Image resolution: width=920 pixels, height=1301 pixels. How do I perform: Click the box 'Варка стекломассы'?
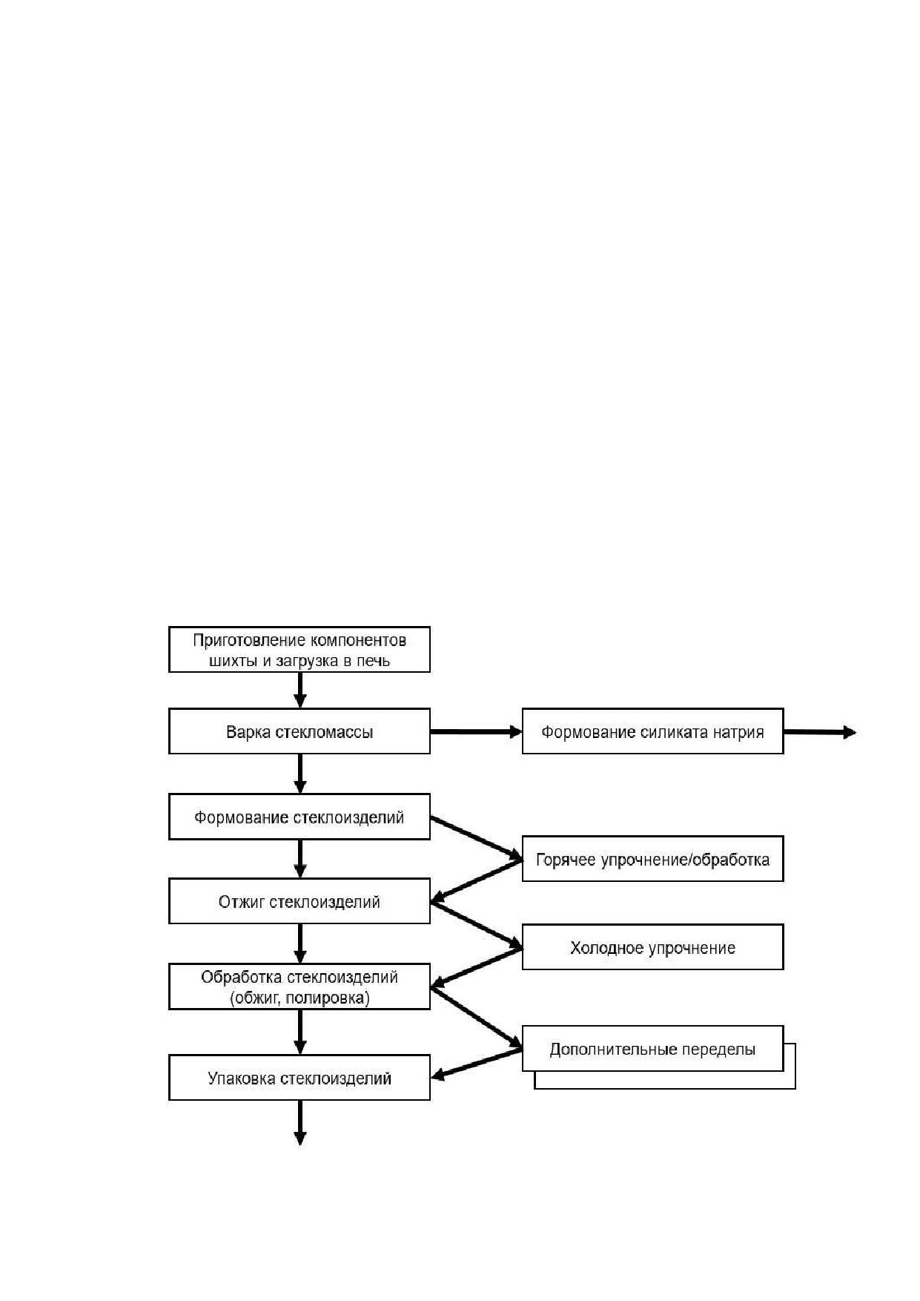[300, 731]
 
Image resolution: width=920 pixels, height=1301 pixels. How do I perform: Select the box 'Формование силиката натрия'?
[652, 731]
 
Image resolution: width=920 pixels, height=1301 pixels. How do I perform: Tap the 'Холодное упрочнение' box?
[652, 946]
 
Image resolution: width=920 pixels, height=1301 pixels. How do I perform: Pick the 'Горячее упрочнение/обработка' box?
[652, 859]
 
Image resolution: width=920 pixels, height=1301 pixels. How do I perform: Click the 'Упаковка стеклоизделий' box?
[300, 1077]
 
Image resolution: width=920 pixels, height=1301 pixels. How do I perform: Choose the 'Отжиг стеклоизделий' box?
[300, 901]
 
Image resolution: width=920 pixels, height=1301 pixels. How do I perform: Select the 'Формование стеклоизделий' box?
[300, 817]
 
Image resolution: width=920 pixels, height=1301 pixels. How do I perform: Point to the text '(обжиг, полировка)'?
[300, 998]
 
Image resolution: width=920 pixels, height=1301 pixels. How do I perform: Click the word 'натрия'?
[738, 733]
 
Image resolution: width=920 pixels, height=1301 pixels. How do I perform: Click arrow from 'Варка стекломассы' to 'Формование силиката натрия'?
[477, 731]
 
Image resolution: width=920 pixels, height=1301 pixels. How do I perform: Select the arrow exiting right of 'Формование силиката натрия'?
[820, 732]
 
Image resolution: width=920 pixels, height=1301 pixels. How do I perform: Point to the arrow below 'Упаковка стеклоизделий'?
[300, 1122]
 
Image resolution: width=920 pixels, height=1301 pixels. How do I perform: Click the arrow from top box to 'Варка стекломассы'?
[300, 690]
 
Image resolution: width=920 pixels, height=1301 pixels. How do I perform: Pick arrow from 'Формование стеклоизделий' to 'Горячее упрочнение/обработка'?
[477, 838]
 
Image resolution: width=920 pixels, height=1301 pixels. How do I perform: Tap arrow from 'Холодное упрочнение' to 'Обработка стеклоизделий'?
[477, 968]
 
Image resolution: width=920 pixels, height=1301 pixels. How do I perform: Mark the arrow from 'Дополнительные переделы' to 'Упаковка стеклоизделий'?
[477, 1064]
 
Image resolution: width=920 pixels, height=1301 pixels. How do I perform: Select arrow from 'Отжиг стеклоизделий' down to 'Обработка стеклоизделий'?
[300, 943]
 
